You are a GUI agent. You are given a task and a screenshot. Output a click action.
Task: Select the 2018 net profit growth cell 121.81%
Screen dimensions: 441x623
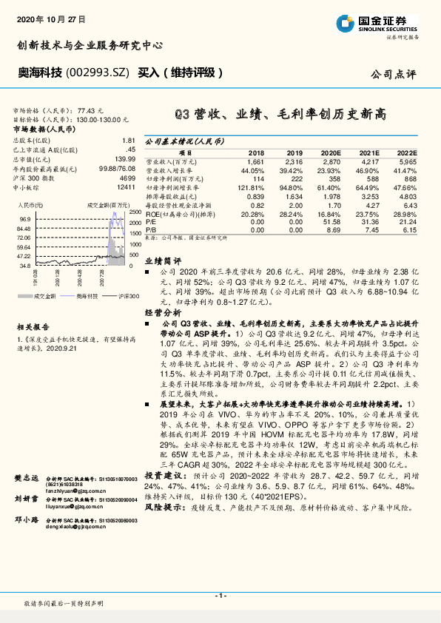[252, 189]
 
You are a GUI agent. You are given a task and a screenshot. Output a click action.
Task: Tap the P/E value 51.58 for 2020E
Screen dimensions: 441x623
[329, 221]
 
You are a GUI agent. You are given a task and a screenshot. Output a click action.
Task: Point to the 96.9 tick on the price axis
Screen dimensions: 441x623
[25, 220]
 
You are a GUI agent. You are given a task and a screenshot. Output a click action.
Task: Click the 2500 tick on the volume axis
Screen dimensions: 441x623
[133, 212]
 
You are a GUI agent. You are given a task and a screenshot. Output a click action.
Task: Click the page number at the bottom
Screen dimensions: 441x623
[220, 594]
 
